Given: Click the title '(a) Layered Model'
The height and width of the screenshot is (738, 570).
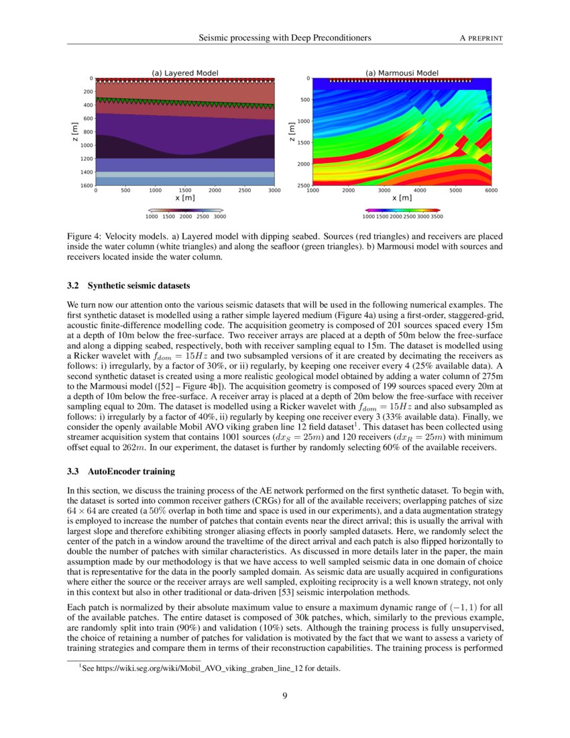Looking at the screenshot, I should point(185,73).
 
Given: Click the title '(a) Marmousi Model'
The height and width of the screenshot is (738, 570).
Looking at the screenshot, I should point(402,73).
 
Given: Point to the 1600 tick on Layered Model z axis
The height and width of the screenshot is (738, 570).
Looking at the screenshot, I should point(87,185).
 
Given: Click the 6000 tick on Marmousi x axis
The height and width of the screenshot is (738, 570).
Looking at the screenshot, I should point(491,191).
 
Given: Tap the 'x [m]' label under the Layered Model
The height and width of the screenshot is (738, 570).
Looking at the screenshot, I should point(185,198).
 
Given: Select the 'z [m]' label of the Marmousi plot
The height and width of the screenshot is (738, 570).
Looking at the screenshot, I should point(291,131).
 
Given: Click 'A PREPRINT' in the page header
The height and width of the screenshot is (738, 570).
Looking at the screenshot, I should point(480,38).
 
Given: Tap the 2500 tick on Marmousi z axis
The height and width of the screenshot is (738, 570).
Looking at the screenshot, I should point(303,185).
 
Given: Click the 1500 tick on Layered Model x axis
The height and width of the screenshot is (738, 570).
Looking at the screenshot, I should point(185,191).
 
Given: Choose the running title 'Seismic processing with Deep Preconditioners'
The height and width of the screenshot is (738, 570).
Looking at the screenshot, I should point(285,38).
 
